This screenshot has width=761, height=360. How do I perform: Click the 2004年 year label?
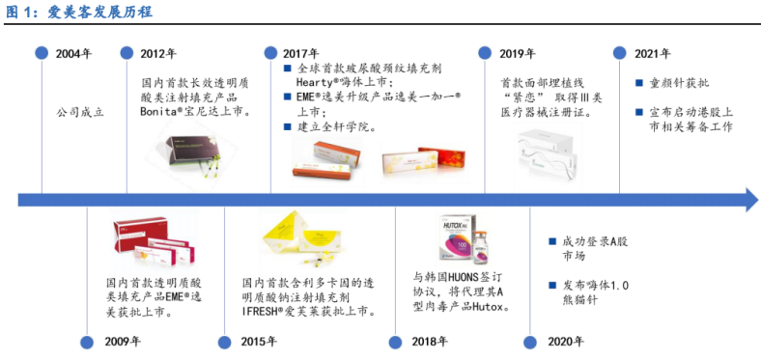74,53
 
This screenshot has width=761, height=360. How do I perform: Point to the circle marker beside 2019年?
491,53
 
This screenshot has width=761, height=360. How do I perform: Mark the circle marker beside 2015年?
224,341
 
